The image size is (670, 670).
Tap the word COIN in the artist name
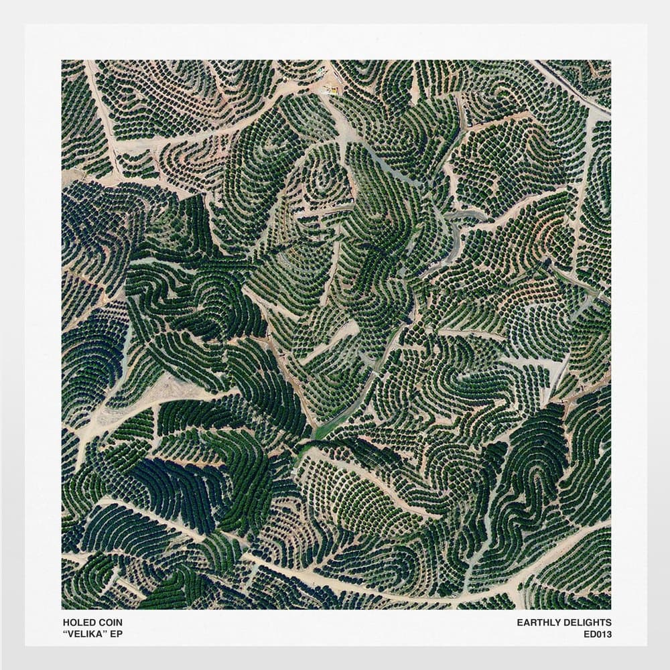click(108, 622)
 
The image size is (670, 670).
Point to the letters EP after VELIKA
click(117, 634)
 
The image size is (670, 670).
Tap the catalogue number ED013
click(598, 634)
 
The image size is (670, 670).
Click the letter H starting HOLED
click(64, 622)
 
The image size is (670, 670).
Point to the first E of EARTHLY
click(519, 622)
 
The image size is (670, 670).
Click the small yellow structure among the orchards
click(330, 88)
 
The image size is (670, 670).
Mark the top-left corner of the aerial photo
click(62, 60)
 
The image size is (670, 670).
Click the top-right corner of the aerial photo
click(610, 60)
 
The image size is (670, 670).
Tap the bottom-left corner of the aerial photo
click(62, 608)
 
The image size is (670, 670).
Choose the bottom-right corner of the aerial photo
click(610, 608)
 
